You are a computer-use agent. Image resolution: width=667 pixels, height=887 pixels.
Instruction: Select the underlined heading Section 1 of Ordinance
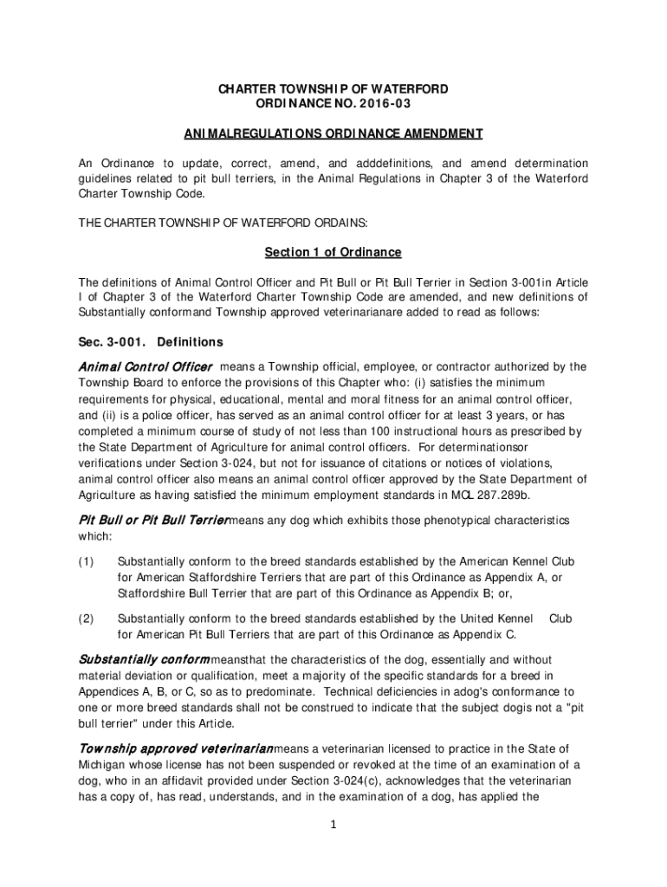pyautogui.click(x=333, y=252)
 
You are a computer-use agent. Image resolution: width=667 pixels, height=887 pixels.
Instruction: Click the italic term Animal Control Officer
pyautogui.click(x=146, y=366)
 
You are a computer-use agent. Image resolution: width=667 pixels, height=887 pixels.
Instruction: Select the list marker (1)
pyautogui.click(x=86, y=562)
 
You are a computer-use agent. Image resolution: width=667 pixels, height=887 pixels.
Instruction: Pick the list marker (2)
pyautogui.click(x=86, y=619)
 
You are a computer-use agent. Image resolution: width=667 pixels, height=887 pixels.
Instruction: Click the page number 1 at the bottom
pyautogui.click(x=333, y=825)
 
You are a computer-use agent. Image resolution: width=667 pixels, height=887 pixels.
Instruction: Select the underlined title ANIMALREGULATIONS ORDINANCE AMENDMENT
pyautogui.click(x=333, y=134)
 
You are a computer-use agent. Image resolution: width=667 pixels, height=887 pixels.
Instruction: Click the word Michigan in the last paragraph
pyautogui.click(x=105, y=765)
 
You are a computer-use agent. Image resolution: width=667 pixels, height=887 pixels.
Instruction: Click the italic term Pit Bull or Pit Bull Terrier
pyautogui.click(x=153, y=521)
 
